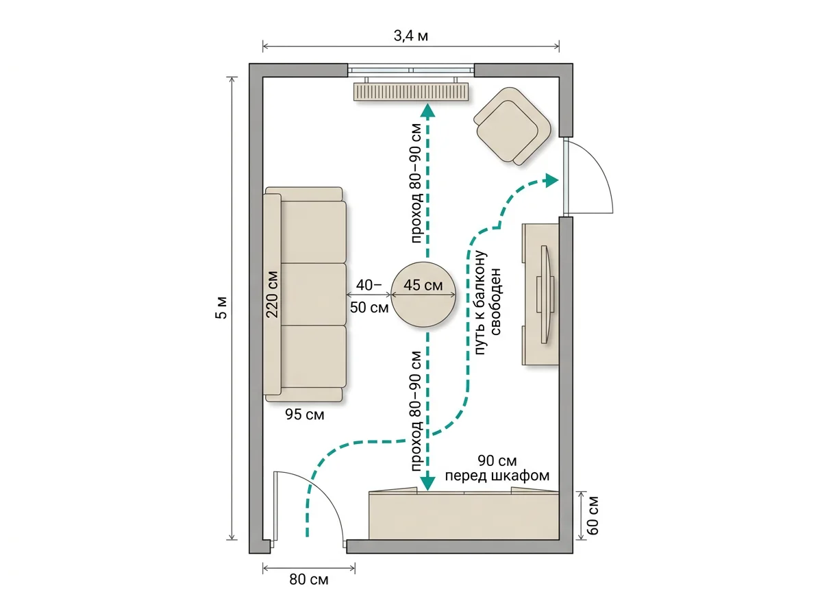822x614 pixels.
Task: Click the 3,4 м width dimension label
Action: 411,36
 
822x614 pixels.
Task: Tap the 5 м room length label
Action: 222,308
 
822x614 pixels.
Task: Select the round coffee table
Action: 423,295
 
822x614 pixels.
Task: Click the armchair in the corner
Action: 512,126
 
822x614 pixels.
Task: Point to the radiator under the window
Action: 411,92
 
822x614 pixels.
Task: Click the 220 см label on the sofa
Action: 272,295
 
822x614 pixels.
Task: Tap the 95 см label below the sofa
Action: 304,415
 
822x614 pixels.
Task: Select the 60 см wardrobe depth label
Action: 593,515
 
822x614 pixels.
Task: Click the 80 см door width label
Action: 308,580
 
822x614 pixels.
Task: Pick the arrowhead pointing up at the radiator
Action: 427,110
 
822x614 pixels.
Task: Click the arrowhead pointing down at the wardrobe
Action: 427,484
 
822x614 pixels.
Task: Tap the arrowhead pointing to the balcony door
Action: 552,180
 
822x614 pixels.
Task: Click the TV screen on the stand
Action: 547,295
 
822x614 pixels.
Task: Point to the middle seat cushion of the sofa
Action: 313,294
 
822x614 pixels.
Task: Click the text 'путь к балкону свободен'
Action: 487,303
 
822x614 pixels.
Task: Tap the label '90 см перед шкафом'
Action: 497,468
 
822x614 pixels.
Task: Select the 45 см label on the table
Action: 423,286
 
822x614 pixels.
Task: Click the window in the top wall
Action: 411,70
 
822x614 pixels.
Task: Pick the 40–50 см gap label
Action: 369,296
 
